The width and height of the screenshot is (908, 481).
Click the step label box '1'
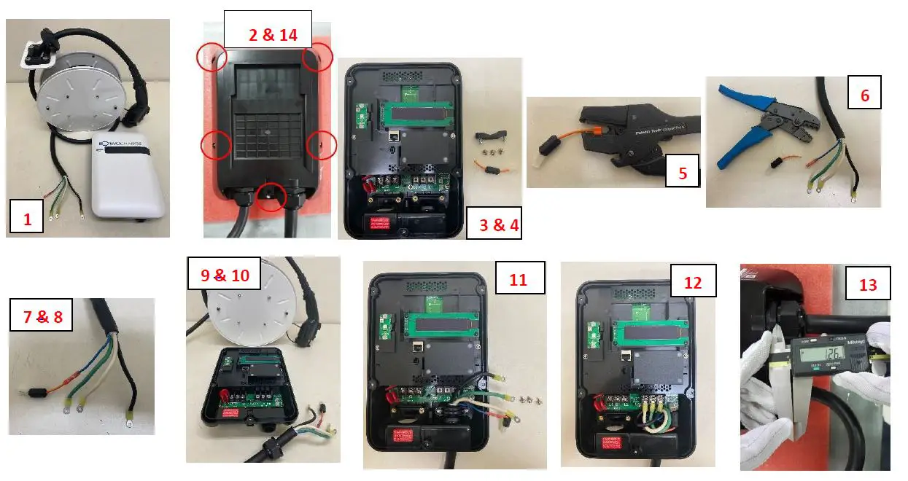28,218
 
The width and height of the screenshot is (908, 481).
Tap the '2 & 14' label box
268,33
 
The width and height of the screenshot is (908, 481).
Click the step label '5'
683,173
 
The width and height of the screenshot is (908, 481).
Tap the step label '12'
692,282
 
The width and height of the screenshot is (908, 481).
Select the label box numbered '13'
868,283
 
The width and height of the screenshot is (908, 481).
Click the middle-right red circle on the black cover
321,145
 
